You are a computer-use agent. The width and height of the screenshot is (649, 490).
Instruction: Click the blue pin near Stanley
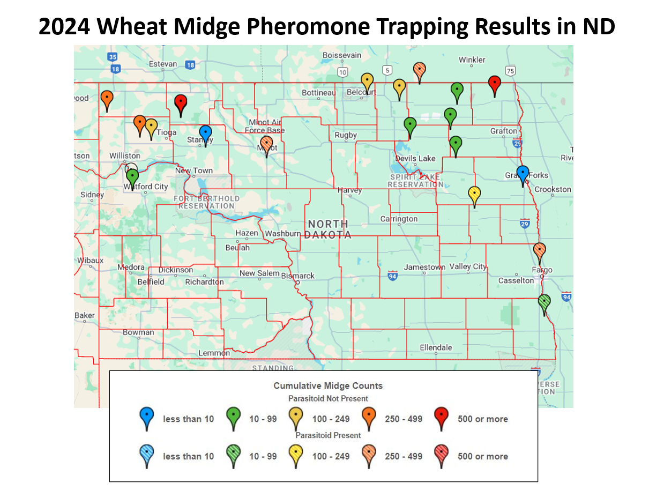point(205,133)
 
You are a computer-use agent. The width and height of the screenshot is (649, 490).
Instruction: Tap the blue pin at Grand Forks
point(523,174)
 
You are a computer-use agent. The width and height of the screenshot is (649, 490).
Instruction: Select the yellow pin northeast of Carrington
point(474,194)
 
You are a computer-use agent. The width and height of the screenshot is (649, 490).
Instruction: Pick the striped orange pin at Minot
point(266,144)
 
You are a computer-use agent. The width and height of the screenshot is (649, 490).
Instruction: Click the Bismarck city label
point(298,276)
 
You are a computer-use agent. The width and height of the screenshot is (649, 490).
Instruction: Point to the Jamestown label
point(424,267)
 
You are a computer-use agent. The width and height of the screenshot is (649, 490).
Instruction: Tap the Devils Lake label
point(415,159)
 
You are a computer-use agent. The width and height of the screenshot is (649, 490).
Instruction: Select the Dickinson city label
point(175,270)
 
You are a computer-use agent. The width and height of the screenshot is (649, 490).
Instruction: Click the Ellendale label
point(436,347)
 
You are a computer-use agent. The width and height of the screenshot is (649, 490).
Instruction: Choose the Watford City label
point(146,187)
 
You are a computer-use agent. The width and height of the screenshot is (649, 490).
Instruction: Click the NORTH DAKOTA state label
point(328,229)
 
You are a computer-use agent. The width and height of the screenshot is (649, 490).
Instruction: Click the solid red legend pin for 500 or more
point(441,417)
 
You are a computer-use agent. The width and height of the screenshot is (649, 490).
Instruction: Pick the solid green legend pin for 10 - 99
point(233,417)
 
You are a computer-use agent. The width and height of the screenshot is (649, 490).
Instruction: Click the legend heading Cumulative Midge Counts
point(328,385)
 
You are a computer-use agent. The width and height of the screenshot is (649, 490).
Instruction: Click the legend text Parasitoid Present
point(328,435)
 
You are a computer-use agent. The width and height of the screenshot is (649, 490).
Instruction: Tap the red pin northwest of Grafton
point(495,84)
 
